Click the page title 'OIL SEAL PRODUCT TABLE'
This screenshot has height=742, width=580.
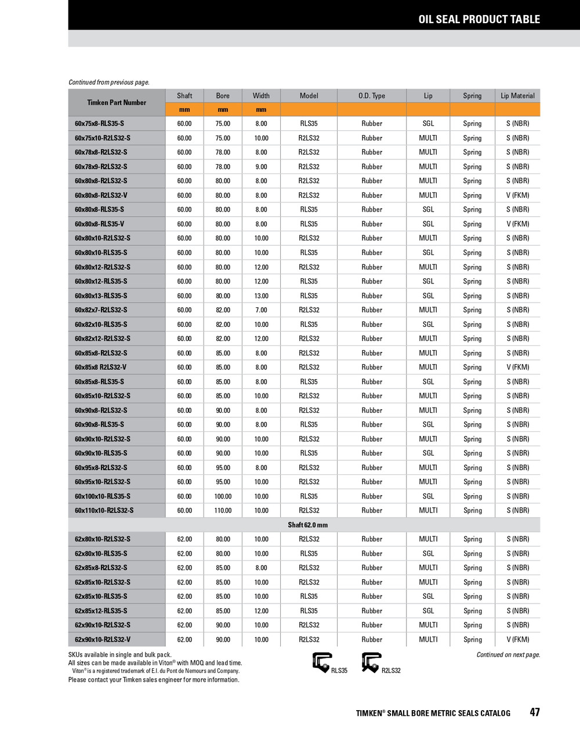click(x=479, y=19)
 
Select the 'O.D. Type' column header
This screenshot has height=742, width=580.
click(x=371, y=96)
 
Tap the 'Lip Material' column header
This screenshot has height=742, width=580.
click(x=517, y=96)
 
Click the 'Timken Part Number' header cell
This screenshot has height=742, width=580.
click(x=117, y=103)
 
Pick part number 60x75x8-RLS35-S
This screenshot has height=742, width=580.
click(x=99, y=123)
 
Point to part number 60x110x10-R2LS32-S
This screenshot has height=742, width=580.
click(x=104, y=511)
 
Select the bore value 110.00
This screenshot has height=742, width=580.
click(x=223, y=511)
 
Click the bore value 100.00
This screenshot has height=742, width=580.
click(x=223, y=496)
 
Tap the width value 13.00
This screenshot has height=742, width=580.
click(x=261, y=296)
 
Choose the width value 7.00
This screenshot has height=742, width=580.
click(x=261, y=310)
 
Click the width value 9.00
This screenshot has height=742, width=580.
click(x=261, y=166)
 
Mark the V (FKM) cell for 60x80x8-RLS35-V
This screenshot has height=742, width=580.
click(x=517, y=224)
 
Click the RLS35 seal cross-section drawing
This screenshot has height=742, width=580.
click(x=322, y=663)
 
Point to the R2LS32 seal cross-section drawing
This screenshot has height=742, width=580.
click(x=371, y=663)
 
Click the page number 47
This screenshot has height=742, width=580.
click(x=534, y=712)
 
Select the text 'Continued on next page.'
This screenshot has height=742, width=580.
click(x=508, y=655)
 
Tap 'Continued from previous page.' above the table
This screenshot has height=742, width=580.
click(x=109, y=82)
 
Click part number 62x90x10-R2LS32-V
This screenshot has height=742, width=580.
click(x=103, y=640)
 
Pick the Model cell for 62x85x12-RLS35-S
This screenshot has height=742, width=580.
click(x=309, y=611)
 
